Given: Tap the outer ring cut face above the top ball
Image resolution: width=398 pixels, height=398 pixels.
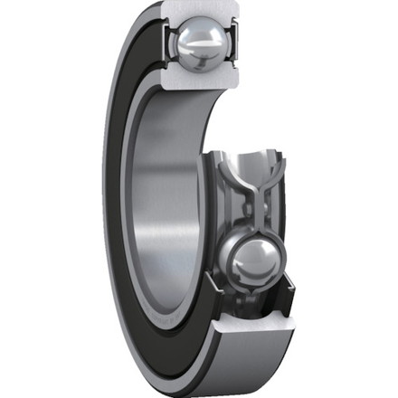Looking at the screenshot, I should click(201, 11).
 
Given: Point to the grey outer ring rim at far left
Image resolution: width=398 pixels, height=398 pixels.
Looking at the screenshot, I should click(106, 199).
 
